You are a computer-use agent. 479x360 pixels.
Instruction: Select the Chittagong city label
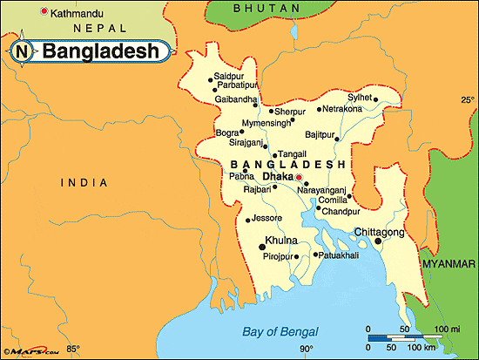point(379,232)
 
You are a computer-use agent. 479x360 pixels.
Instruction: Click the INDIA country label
point(84,182)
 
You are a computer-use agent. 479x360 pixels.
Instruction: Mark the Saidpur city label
point(230,77)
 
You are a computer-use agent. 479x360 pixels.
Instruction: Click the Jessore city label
point(266,218)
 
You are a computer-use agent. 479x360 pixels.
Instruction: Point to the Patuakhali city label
point(344,255)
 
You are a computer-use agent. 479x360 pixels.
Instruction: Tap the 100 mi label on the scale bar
point(449,329)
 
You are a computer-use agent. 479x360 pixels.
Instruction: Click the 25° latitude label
point(467,100)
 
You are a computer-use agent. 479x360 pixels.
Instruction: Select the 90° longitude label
point(307,350)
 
